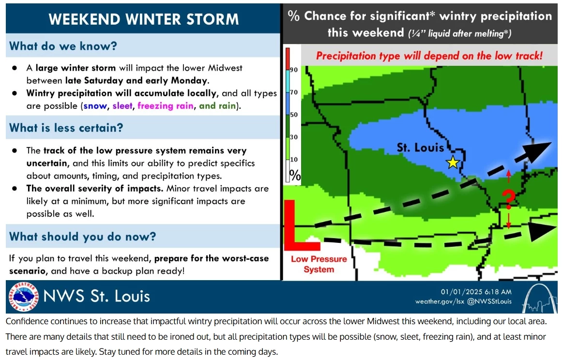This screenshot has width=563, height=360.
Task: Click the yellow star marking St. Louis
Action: (452, 163)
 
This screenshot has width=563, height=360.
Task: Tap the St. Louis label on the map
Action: (420, 148)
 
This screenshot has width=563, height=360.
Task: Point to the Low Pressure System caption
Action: (319, 264)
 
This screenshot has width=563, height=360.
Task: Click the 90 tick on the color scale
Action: (294, 70)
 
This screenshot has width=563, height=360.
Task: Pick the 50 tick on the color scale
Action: (294, 115)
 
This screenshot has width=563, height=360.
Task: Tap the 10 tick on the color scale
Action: (294, 160)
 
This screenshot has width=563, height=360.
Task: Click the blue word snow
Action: (95, 105)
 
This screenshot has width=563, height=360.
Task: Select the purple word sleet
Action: (122, 105)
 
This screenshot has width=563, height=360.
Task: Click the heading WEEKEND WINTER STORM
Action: (144, 19)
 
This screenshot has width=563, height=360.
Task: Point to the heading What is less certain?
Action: (66, 128)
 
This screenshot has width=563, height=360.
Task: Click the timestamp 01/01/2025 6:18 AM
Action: (476, 292)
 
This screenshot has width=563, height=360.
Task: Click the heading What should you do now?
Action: (83, 237)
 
